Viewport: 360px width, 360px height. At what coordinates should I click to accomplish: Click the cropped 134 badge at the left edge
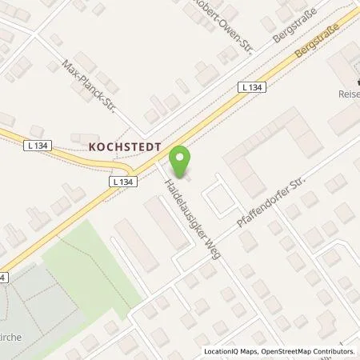pos(4,277)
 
